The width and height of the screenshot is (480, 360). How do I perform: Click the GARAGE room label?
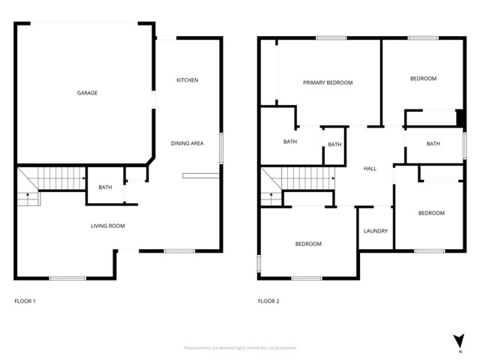[x=87, y=93]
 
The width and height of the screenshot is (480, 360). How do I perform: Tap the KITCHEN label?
[x=187, y=80]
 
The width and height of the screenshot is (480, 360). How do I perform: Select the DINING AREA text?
[x=187, y=143]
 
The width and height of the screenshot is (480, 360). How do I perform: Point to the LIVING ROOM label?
[x=108, y=226]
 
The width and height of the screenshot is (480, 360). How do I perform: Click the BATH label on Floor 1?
[x=105, y=187]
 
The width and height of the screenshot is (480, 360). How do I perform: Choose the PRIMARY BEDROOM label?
[x=328, y=82]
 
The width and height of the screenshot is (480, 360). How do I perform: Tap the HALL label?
[x=370, y=169]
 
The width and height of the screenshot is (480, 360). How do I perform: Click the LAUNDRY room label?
[x=375, y=231]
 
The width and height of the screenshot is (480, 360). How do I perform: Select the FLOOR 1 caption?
[x=25, y=301]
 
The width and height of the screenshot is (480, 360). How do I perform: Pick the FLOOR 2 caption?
[x=268, y=301]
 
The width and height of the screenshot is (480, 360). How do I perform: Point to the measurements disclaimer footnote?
[x=240, y=348]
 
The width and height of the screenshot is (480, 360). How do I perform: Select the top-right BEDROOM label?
[x=423, y=79]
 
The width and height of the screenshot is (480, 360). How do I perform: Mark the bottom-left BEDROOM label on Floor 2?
[x=308, y=244]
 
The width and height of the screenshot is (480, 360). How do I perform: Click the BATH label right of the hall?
[x=433, y=144]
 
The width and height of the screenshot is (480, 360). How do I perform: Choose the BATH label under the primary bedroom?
[x=290, y=142]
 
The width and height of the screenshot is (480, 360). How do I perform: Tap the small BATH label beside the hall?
[x=334, y=145]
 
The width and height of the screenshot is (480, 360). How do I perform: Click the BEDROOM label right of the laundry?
[x=431, y=213]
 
